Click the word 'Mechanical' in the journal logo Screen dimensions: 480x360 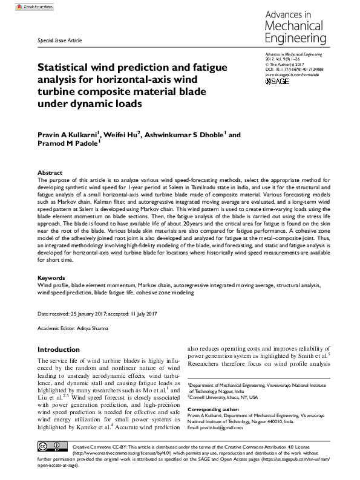(294, 25)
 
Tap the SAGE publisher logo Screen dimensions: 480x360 (278, 81)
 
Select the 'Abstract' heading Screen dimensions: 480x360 (50, 173)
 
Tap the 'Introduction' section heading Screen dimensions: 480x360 (62, 349)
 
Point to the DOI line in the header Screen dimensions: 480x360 (294, 70)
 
